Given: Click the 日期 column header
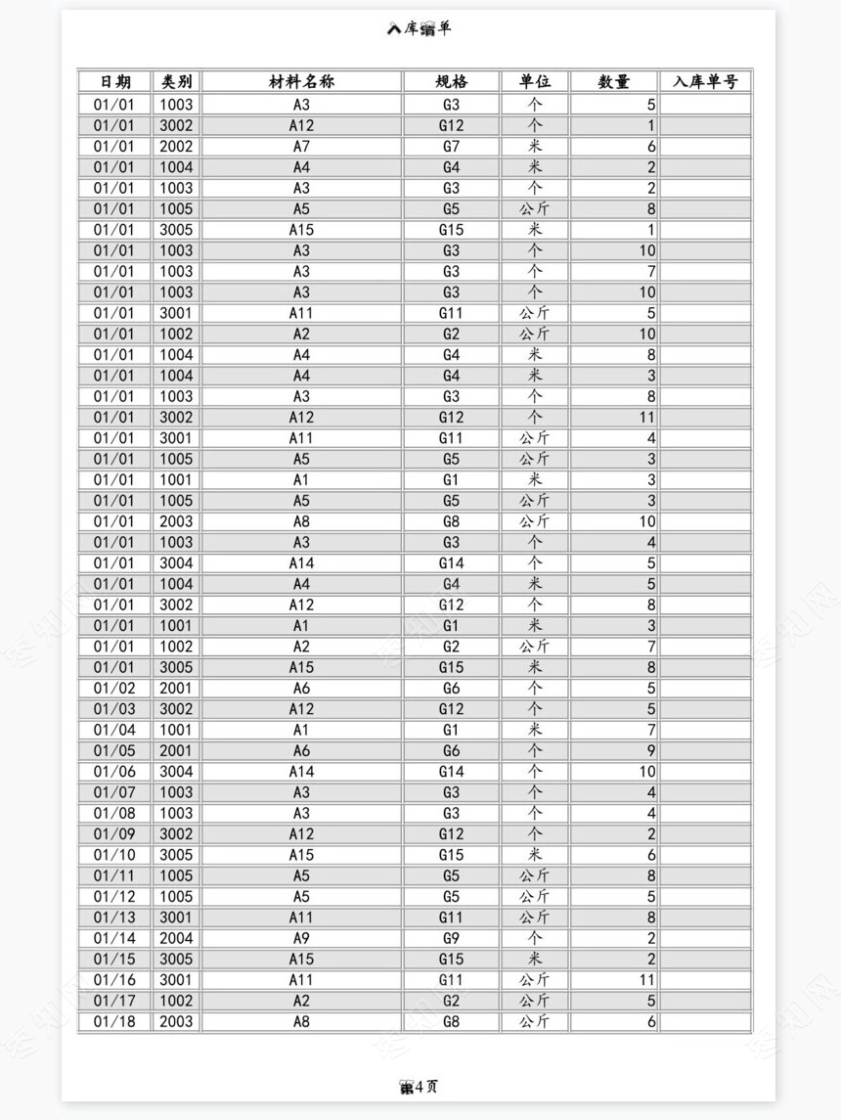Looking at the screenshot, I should pos(114,82).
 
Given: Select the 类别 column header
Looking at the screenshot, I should pos(177,82).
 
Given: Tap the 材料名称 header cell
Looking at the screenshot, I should pos(301,82).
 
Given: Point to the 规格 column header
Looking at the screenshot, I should pos(451,82).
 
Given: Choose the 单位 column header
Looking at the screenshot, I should pos(535,82).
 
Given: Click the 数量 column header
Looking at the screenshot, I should pos(614,82).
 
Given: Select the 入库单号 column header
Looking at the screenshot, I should pos(705,82).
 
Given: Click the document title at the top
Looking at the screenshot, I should pos(420,29).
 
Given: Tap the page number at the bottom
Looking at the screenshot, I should pos(420,1087).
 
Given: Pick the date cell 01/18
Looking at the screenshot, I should pos(114,1022).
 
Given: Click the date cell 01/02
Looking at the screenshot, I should pos(114,689).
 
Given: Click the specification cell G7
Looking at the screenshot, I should pos(451,147).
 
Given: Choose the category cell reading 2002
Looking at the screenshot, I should pos(177,147).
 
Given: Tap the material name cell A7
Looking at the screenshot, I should pos(301,147).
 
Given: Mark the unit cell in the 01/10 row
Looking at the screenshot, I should pos(535,855).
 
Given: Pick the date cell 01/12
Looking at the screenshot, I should pos(114,897).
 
